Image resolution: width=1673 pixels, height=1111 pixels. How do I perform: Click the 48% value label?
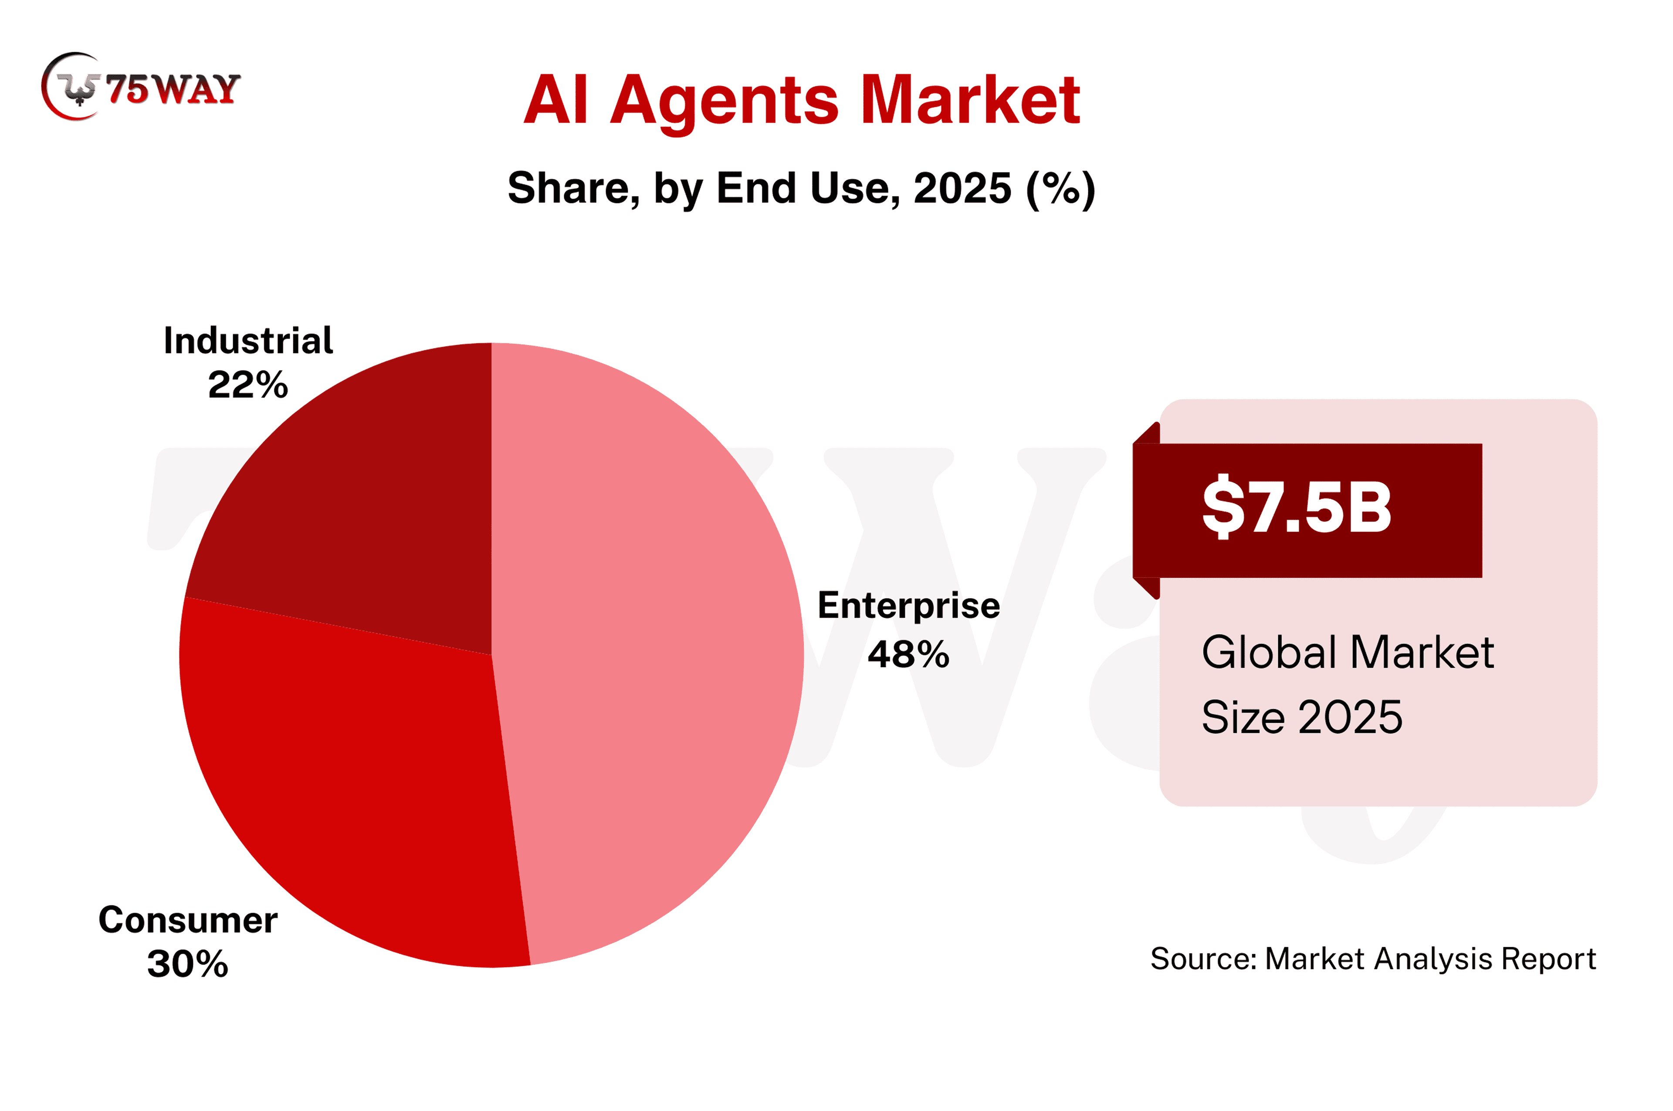908,654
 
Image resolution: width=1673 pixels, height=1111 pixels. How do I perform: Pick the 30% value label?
188,964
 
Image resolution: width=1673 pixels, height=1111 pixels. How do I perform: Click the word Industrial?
248,341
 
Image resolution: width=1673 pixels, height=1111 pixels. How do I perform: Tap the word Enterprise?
908,606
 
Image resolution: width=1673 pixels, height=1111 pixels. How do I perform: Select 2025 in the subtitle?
962,189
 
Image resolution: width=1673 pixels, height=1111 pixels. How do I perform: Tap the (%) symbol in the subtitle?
1061,189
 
